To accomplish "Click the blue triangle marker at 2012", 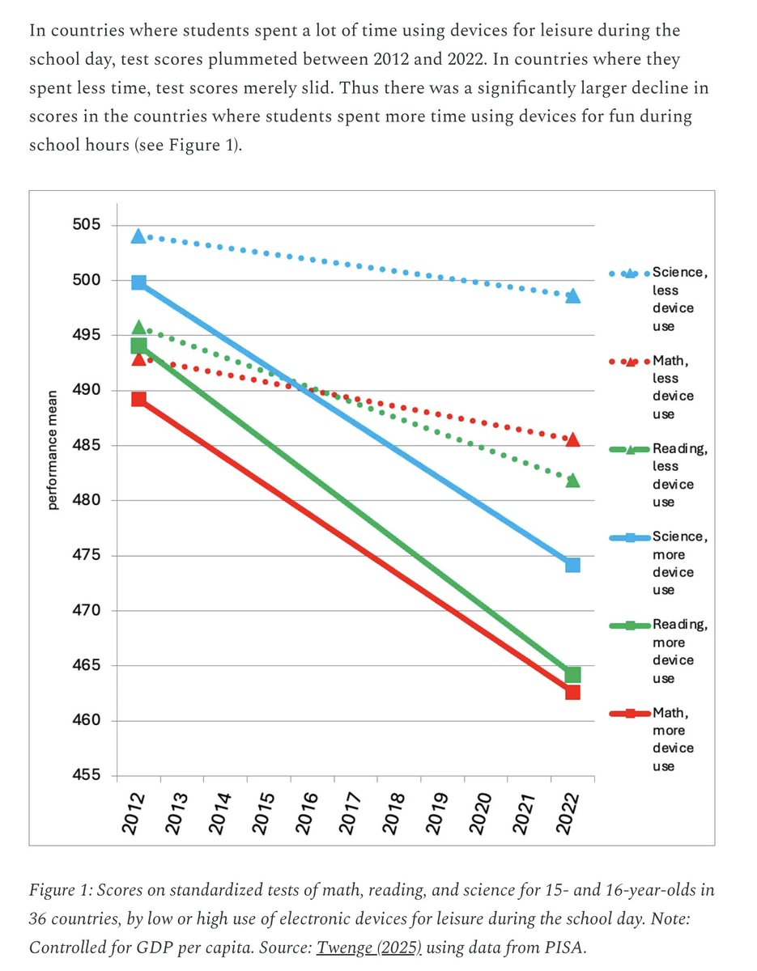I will [x=138, y=235].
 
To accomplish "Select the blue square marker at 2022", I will [x=572, y=565].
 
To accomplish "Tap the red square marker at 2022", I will [x=572, y=693].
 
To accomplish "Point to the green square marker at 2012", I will [x=138, y=346].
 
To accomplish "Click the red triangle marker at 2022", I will [x=572, y=439].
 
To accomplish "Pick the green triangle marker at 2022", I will [x=572, y=481].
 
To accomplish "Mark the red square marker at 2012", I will [x=138, y=399].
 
